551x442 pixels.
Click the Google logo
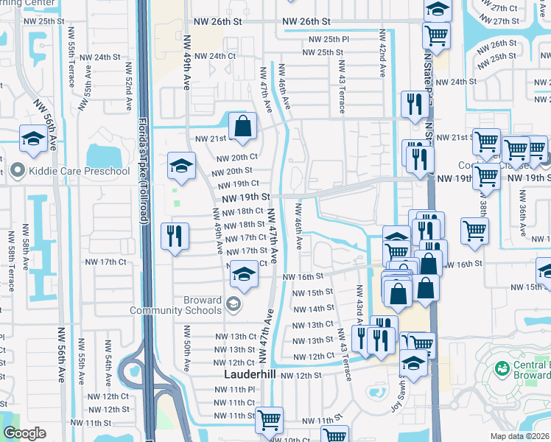(24, 433)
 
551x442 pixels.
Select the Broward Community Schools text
(176, 306)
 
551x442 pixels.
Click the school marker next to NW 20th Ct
(180, 166)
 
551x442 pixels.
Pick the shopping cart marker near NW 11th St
(269, 420)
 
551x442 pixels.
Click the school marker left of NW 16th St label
(242, 277)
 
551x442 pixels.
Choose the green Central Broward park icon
(502, 368)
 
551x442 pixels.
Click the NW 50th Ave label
(187, 355)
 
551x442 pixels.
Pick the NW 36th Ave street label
(522, 214)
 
